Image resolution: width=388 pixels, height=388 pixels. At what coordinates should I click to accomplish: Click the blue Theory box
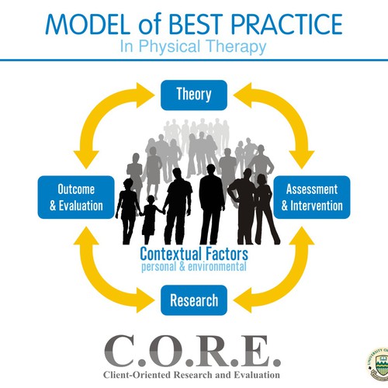point(194,95)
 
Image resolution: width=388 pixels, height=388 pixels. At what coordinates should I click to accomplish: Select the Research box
point(194,300)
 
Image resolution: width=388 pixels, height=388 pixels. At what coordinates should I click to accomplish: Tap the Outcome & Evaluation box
point(76,197)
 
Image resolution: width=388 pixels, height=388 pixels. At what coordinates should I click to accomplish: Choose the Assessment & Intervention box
point(312,197)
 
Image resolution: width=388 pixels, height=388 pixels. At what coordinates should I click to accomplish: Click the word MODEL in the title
point(88,24)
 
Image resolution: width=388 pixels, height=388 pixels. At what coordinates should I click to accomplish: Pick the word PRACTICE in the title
point(286,24)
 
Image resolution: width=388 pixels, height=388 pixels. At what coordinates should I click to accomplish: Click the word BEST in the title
point(196,24)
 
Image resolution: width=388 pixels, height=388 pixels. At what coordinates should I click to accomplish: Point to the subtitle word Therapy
point(237,47)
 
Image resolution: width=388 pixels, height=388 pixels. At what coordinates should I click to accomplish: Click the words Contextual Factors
point(194,254)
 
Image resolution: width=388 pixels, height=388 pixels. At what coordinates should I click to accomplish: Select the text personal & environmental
point(194,267)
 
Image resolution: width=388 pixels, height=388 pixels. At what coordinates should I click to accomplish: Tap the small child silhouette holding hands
point(150,220)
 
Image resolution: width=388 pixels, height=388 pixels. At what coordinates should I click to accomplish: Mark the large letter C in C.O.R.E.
point(120,351)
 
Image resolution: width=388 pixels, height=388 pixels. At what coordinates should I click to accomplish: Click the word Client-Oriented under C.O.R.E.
point(137,375)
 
